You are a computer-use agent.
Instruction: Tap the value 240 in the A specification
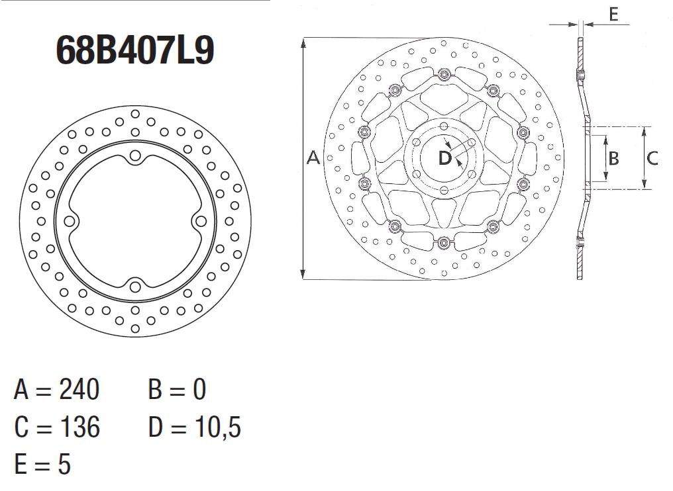tap(79, 390)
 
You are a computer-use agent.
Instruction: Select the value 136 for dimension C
tap(79, 427)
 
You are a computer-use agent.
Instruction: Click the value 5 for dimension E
tap(64, 465)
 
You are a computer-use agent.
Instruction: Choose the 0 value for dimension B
tap(199, 390)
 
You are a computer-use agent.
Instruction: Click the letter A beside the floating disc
tap(314, 157)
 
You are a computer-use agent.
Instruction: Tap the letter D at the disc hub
tap(444, 158)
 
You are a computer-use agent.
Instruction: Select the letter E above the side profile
tap(613, 14)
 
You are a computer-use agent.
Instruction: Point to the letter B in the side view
tap(613, 158)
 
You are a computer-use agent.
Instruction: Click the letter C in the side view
tap(652, 158)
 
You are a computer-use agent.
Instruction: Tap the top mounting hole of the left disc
tap(136, 156)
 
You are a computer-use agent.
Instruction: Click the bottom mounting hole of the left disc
tap(136, 286)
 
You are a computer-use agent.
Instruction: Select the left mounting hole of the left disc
tap(70, 221)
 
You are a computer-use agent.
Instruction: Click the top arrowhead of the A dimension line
tap(303, 42)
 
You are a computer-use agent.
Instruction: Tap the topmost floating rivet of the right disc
tap(444, 73)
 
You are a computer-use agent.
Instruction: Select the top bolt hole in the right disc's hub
tap(443, 126)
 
